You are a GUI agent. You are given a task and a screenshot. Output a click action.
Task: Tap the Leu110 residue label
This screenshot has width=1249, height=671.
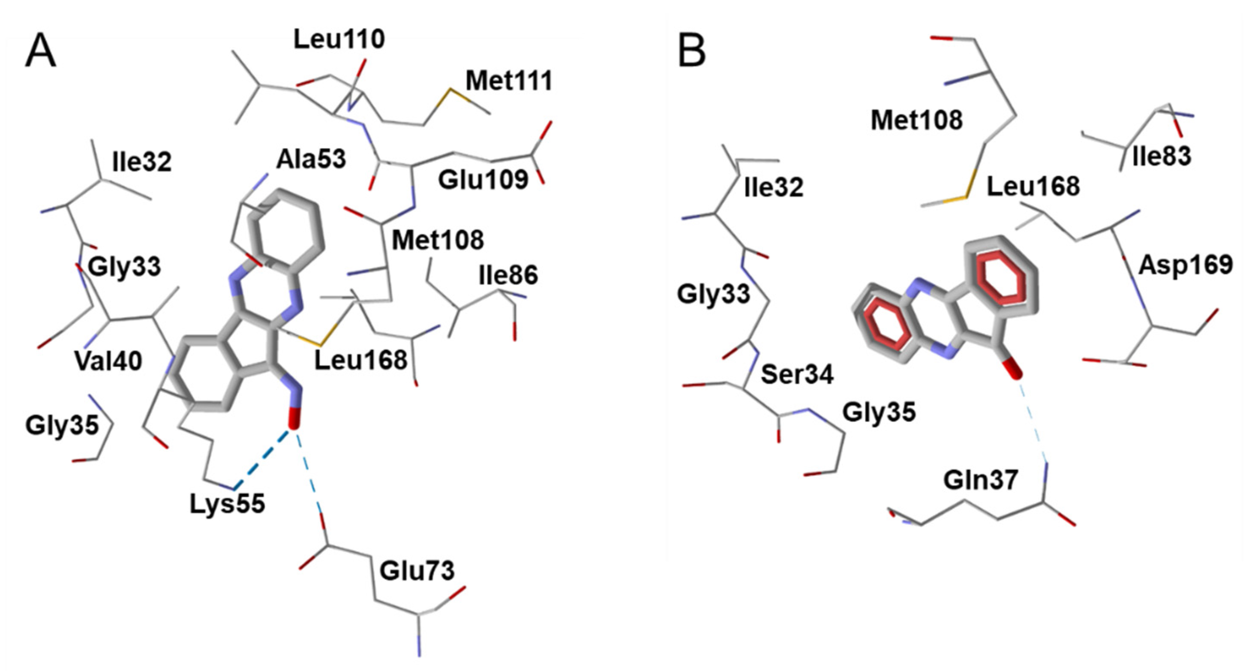(x=339, y=39)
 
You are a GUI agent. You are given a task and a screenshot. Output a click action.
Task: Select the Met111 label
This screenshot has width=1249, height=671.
(x=509, y=81)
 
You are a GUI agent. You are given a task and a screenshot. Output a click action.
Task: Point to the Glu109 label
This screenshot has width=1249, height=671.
(x=483, y=180)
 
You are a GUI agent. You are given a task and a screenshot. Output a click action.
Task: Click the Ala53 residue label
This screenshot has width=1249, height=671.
(x=311, y=159)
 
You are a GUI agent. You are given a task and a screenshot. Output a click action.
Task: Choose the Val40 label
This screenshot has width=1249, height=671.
(x=108, y=361)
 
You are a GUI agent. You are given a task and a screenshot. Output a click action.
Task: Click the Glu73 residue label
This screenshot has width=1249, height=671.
(x=417, y=571)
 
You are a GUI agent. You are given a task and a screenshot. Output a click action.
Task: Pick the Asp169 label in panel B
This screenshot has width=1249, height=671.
(x=1185, y=265)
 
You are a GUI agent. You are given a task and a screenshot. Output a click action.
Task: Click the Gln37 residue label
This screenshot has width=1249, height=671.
(x=980, y=481)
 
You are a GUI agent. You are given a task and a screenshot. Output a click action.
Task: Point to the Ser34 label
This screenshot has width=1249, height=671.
(x=797, y=374)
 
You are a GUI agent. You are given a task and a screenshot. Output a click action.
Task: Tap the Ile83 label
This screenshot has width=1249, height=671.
(x=1161, y=156)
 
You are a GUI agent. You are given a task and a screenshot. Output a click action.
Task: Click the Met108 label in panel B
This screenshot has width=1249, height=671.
(x=916, y=120)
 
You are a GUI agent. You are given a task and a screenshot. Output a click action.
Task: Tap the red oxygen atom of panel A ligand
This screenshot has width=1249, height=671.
(x=294, y=418)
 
